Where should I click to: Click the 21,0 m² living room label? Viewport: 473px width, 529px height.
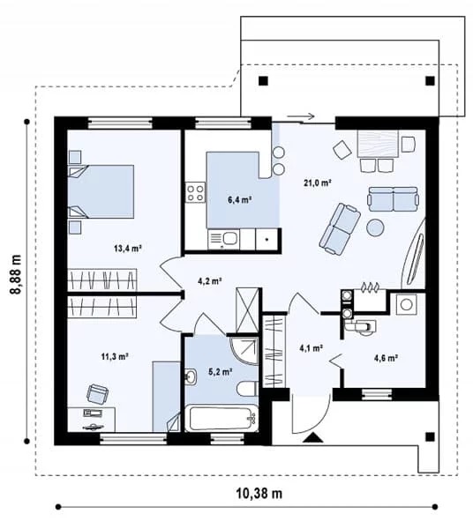[x=317, y=183]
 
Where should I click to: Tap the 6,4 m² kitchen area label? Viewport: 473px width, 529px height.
[x=240, y=200]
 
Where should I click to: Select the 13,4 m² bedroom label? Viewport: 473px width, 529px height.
[x=128, y=249]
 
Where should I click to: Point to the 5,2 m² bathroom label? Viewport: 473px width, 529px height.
[x=220, y=372]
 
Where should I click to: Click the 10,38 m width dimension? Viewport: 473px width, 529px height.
[x=259, y=494]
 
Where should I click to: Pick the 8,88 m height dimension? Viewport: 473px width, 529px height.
[x=16, y=275]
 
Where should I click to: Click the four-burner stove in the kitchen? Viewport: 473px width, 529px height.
[x=195, y=192]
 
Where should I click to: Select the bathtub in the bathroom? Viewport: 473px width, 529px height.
[x=221, y=419]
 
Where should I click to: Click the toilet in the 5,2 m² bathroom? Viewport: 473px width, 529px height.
[x=248, y=388]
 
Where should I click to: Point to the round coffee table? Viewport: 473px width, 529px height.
[x=375, y=227]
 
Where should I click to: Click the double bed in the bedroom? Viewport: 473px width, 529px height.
[x=101, y=191]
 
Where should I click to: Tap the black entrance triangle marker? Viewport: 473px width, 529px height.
[x=313, y=437]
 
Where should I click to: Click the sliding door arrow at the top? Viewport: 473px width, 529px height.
[x=301, y=116]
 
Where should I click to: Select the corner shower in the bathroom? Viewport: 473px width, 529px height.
[x=244, y=351]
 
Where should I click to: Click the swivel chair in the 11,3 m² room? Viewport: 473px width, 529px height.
[x=98, y=394]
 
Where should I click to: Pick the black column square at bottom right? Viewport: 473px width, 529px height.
[x=430, y=437]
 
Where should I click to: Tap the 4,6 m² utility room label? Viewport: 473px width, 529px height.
[x=386, y=358]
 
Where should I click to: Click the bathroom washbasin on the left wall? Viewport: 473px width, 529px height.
[x=191, y=376]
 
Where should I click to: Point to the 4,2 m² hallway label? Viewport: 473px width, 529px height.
[x=209, y=280]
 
